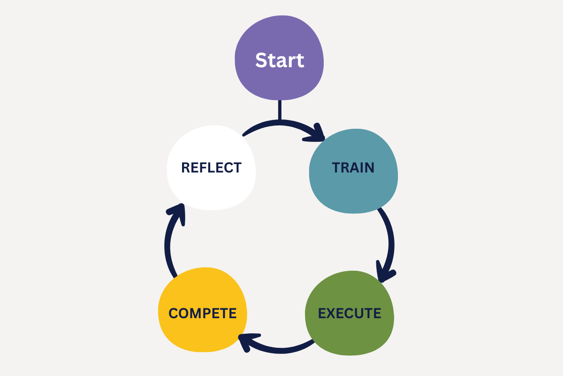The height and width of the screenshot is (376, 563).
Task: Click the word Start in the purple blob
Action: point(280,61)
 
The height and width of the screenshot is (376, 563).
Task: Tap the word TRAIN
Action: point(353,168)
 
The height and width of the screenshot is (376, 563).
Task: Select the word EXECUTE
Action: point(350,313)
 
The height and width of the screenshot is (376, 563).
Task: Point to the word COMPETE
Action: point(203,313)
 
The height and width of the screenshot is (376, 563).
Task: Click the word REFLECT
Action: point(211,167)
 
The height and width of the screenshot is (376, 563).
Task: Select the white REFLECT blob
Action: point(211,193)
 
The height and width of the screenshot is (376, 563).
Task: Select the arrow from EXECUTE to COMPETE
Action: point(281,349)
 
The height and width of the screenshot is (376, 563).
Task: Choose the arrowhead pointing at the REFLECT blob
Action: point(177,213)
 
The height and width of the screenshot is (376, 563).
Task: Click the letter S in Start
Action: point(261,61)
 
